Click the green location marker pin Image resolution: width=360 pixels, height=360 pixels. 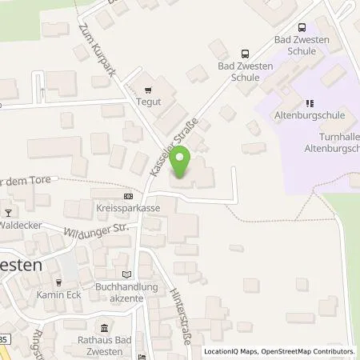182,162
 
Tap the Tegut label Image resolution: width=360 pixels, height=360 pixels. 150,101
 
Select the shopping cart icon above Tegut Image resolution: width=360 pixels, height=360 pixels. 147,90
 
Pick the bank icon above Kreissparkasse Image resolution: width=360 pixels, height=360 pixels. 128,196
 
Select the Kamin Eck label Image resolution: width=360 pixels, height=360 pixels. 59,294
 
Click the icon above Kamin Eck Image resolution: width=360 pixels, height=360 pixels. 58,282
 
